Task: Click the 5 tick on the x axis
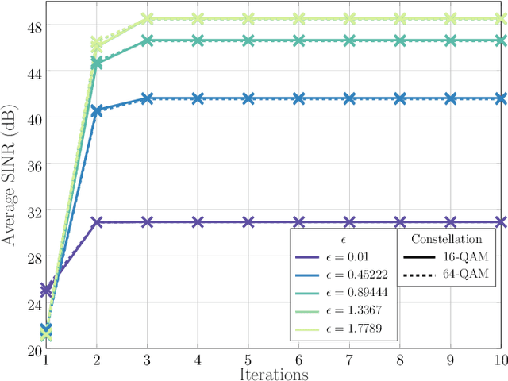248,360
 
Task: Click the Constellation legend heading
446,238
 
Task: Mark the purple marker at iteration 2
96,222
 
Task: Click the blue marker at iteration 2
96,110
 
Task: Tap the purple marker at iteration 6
298,222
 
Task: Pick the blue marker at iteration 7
349,98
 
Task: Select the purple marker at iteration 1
45,290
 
